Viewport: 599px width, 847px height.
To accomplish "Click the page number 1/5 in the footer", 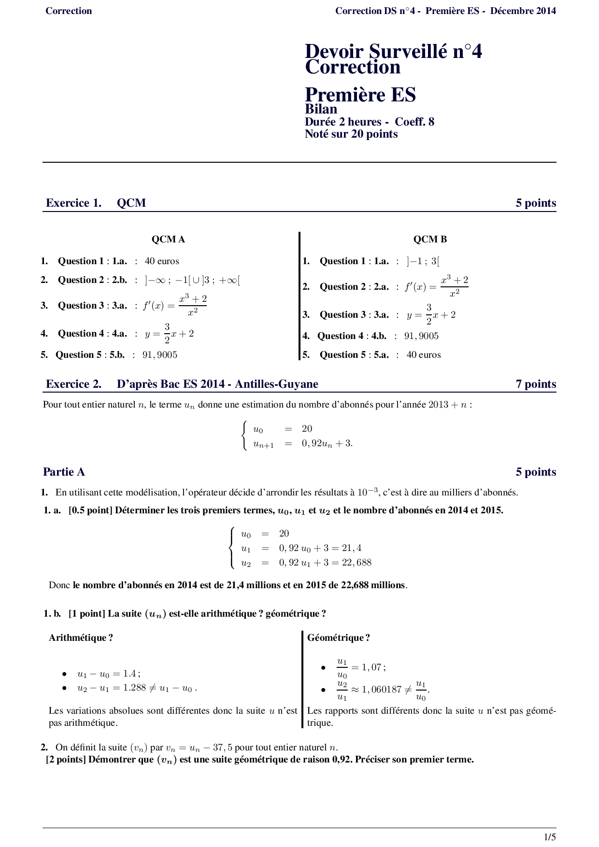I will click(x=550, y=836).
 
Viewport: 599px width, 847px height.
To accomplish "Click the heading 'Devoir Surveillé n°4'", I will click(x=393, y=51).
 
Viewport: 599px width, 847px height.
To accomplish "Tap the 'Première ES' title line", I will click(x=360, y=94).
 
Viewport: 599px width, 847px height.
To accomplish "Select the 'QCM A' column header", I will click(x=168, y=239).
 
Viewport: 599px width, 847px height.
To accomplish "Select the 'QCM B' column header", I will click(x=430, y=239).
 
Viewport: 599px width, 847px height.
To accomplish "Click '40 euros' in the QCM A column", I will click(x=162, y=261).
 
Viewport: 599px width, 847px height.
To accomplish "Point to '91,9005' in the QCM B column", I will click(x=421, y=336).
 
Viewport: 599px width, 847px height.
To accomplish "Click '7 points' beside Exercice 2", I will click(x=536, y=384).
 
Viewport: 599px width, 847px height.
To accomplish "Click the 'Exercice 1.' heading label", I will click(x=73, y=203).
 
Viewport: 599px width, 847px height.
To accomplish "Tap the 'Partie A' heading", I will click(x=64, y=472).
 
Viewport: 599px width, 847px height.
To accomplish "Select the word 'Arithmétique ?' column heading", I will click(x=81, y=637).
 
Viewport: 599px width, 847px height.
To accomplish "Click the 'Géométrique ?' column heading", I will click(x=339, y=637).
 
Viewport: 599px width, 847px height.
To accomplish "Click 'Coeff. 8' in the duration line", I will click(x=414, y=122).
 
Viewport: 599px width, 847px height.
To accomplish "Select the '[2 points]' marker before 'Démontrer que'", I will click(x=66, y=759).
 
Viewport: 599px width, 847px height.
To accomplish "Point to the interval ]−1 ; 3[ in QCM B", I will click(x=423, y=261).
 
